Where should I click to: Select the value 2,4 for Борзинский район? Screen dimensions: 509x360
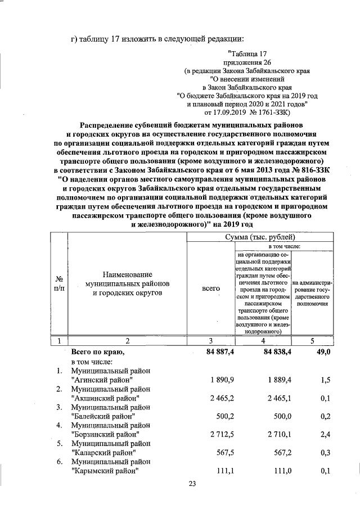(324, 435)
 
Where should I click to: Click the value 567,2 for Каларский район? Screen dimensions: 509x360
(269, 453)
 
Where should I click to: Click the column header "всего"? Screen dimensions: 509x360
(210, 288)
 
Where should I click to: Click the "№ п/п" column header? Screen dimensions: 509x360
(58, 283)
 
